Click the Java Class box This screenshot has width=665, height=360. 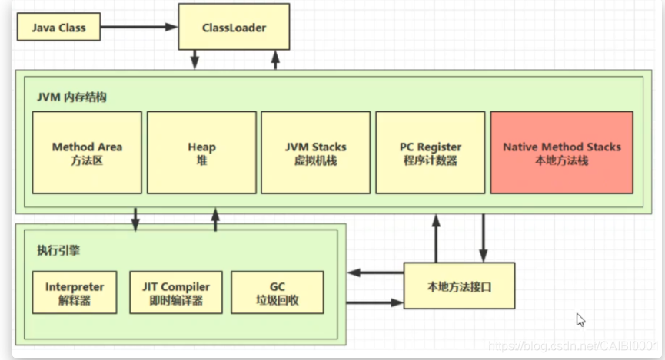tap(58, 28)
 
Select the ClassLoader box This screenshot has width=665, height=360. tap(234, 28)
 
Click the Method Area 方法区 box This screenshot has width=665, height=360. tap(87, 152)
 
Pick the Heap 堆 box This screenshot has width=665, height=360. tap(201, 152)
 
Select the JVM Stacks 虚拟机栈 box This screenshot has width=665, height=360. tap(315, 152)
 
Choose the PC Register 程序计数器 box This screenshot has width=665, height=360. tap(430, 152)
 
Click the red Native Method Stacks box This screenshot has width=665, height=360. tap(561, 152)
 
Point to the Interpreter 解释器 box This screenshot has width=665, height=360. tap(75, 292)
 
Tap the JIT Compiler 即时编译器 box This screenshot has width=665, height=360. tap(176, 292)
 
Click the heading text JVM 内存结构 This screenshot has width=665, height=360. tap(71, 97)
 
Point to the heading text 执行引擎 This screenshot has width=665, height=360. tap(56, 251)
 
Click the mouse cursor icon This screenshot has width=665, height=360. tap(581, 319)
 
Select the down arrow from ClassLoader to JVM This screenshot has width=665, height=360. tap(195, 58)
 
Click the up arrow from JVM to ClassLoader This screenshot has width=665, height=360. tap(274, 58)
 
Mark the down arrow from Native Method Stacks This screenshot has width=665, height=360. tap(484, 238)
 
